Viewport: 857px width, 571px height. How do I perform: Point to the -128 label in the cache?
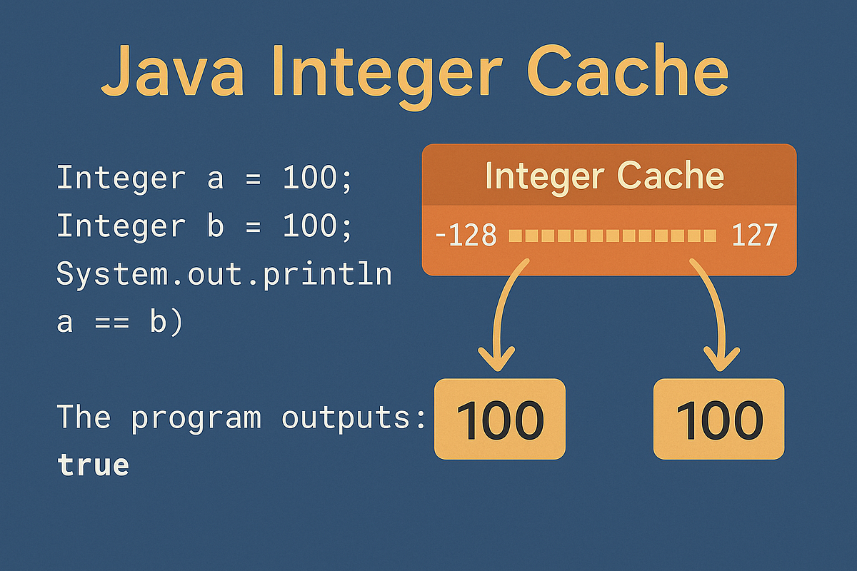point(465,235)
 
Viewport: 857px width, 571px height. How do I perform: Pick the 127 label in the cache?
point(754,235)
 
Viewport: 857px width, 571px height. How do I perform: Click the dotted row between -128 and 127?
point(611,235)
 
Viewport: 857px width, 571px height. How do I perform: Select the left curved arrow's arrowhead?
point(498,356)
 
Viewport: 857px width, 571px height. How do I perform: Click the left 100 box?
point(500,419)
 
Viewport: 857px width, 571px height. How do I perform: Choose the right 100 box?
point(718,419)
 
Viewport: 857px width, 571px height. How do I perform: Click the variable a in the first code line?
point(215,178)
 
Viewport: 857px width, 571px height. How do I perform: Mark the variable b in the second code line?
point(215,226)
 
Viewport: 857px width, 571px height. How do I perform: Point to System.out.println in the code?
point(224,275)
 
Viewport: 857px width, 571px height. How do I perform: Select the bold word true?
point(93,465)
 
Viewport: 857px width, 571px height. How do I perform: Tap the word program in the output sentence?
point(196,417)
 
